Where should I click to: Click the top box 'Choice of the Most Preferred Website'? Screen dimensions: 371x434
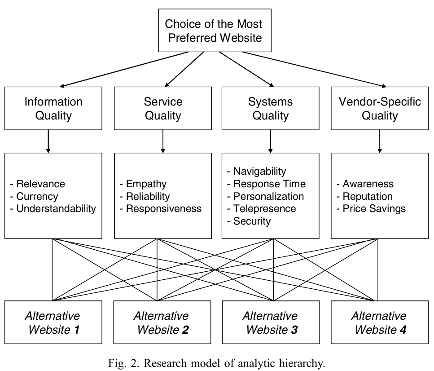click(x=213, y=30)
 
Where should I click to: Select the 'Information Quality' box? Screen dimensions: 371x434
click(x=53, y=108)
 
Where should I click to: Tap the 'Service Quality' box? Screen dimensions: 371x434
click(x=163, y=108)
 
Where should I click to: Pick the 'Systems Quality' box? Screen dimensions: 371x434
click(x=271, y=108)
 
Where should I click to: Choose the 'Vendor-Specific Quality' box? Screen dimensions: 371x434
click(x=380, y=108)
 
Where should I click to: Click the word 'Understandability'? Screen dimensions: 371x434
click(x=56, y=208)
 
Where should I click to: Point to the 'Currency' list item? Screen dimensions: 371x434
click(x=37, y=196)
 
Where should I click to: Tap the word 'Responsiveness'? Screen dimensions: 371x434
click(x=163, y=208)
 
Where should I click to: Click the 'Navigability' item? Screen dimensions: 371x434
click(x=259, y=171)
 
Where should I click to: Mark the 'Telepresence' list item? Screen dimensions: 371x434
click(x=264, y=208)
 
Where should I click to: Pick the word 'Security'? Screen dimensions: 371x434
click(x=252, y=221)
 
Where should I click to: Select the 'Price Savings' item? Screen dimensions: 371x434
click(x=374, y=208)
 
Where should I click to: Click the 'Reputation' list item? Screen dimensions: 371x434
click(x=368, y=196)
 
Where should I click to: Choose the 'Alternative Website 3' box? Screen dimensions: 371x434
click(x=271, y=322)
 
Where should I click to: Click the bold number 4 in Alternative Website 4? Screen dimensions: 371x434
click(x=403, y=330)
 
